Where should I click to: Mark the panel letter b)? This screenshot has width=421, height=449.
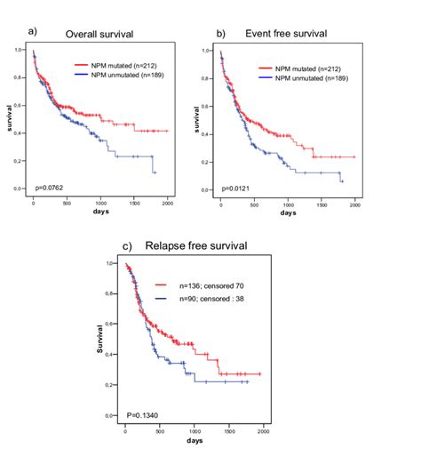220,34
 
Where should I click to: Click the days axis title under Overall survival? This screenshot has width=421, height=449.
100,212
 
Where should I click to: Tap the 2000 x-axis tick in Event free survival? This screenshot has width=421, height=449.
354,204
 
